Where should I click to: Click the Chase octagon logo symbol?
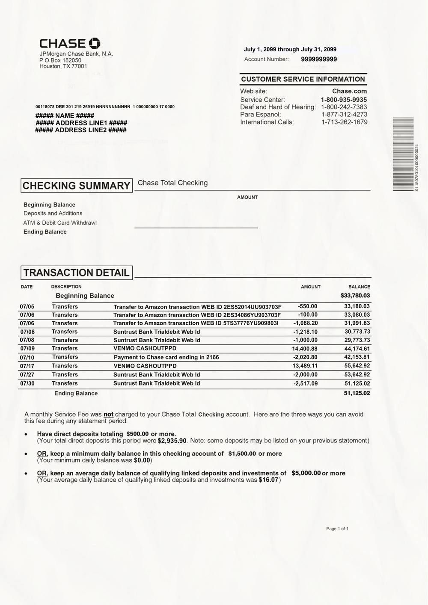(95, 43)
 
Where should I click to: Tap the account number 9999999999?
(319, 59)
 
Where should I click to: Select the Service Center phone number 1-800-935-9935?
(344, 100)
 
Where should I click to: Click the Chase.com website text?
(349, 91)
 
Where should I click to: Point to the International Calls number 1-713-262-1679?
(344, 122)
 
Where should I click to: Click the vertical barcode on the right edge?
(403, 154)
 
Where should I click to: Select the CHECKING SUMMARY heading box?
(77, 186)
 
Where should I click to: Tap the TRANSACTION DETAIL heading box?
(77, 273)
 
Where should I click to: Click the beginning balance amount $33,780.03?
(355, 296)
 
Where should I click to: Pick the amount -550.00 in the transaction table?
(307, 306)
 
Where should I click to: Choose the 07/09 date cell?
(27, 348)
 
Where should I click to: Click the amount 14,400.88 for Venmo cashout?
(305, 349)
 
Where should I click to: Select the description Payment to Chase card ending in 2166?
(166, 357)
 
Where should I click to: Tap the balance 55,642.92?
(357, 366)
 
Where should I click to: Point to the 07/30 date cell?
(27, 383)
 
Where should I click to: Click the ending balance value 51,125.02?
(357, 393)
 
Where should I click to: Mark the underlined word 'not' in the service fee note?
(108, 414)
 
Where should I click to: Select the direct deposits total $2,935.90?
(172, 441)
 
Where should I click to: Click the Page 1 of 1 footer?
(337, 529)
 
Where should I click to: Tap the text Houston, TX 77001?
(63, 66)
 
